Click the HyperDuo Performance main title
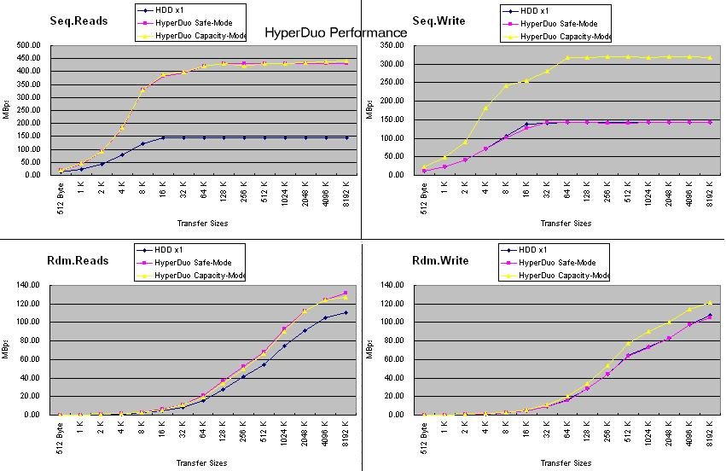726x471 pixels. (x=335, y=32)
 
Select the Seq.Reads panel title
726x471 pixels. (x=78, y=20)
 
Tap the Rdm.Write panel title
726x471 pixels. (x=440, y=261)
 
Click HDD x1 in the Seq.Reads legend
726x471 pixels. (x=170, y=10)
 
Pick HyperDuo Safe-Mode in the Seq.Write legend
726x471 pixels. (x=559, y=24)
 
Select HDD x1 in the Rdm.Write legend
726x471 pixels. (x=532, y=250)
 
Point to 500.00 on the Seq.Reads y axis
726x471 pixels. (x=29, y=45)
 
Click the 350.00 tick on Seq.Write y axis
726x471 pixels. (x=392, y=45)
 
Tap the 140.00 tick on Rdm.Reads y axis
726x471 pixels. (x=28, y=285)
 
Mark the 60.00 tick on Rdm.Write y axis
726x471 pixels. (x=394, y=359)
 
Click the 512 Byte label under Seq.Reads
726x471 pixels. (x=61, y=198)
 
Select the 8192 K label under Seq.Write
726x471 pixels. (x=710, y=194)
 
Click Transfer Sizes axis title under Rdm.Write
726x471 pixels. (x=566, y=462)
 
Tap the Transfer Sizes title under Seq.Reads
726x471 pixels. (x=202, y=224)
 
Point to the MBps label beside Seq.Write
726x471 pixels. (x=369, y=109)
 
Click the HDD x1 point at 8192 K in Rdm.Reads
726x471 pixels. (x=346, y=313)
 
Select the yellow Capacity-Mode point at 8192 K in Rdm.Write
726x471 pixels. (x=710, y=303)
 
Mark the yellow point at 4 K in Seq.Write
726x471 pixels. (x=485, y=108)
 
